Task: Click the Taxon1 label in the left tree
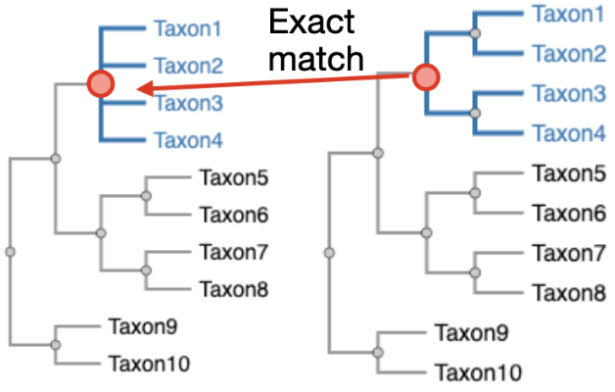coord(188,30)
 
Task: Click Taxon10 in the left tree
coord(149,364)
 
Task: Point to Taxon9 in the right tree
coord(471,334)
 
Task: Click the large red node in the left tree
coord(101,84)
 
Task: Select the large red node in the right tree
coord(425,76)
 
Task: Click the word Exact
coord(312,23)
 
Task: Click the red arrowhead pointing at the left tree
coord(142,89)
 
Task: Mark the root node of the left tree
coord(11,252)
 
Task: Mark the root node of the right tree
coord(330,252)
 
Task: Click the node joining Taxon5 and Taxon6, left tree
coord(146,196)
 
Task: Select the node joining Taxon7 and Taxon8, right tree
coord(475,273)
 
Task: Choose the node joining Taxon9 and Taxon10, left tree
coord(56,344)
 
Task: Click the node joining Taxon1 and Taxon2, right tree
coord(475,33)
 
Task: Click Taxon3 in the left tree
coord(188,103)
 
